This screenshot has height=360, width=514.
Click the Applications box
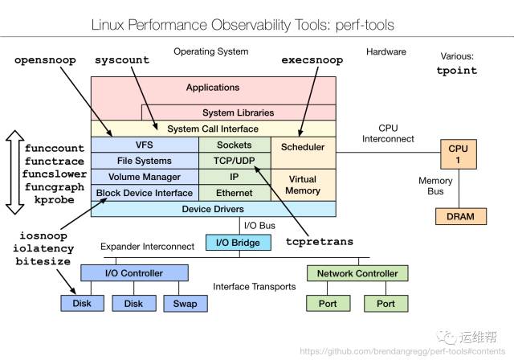coord(213,88)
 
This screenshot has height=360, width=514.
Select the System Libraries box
coord(238,112)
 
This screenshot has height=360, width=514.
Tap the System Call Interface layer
coord(213,129)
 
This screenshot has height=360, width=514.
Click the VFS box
coord(145,145)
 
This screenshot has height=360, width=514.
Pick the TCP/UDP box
coord(234,161)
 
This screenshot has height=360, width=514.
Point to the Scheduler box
coord(302,147)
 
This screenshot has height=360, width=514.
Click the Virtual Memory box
coord(302,185)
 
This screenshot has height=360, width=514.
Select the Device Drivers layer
coord(213,209)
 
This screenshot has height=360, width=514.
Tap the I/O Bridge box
coord(234,242)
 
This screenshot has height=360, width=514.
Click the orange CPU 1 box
coord(458,154)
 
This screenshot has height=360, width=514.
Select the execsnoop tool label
coord(312,60)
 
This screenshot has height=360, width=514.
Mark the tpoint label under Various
coord(456,70)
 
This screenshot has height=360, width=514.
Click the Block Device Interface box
coord(145,193)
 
